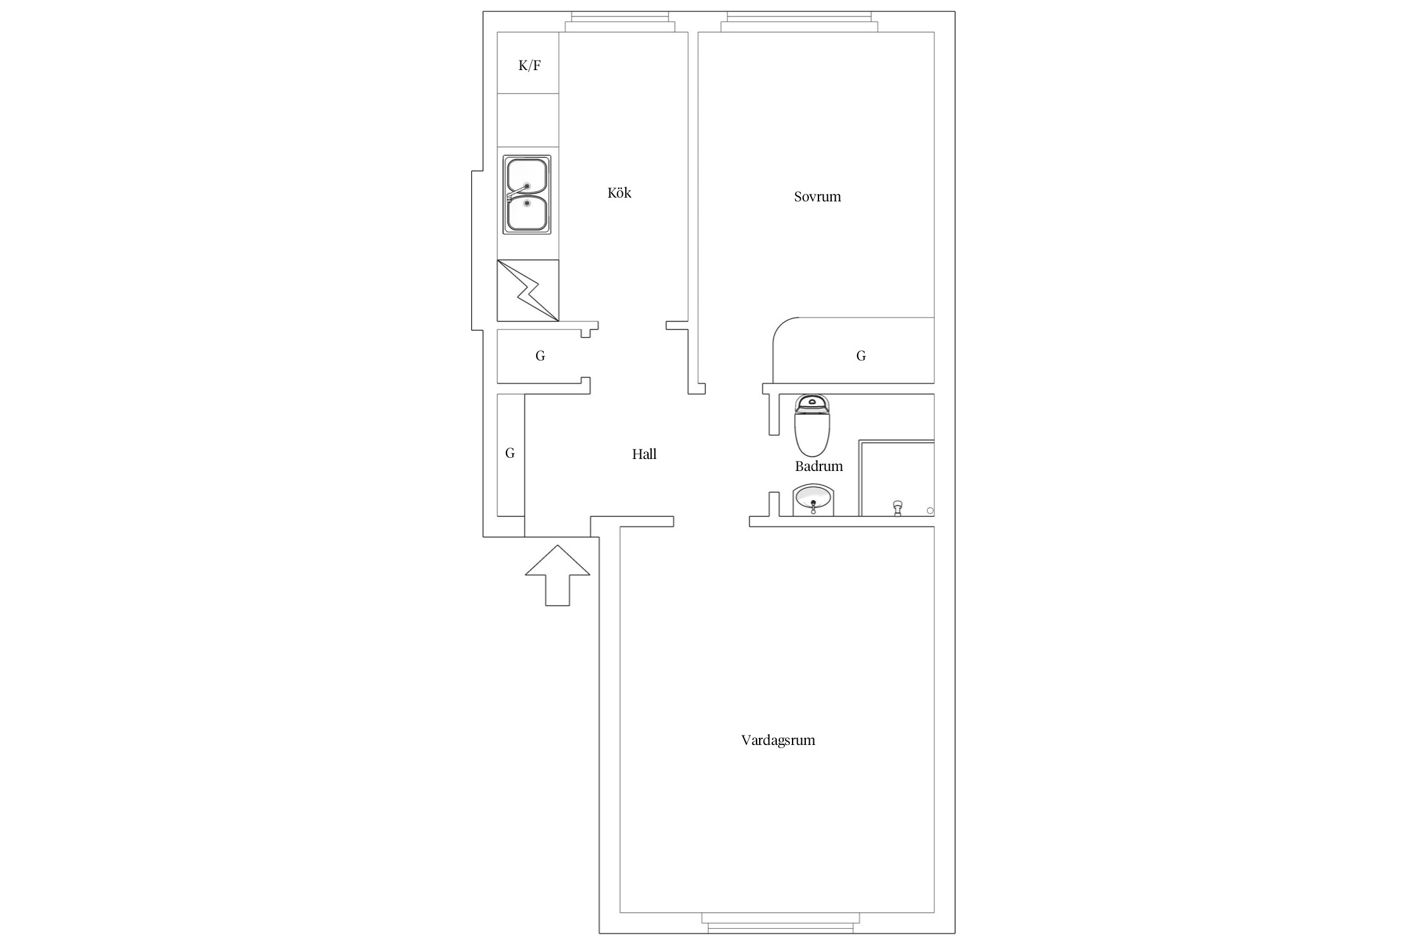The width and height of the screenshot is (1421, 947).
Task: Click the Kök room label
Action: pyautogui.click(x=619, y=193)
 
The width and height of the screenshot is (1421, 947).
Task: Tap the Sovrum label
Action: pyautogui.click(x=817, y=196)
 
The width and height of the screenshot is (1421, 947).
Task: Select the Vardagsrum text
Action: pyautogui.click(x=778, y=740)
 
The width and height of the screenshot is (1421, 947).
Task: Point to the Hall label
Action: pyautogui.click(x=644, y=454)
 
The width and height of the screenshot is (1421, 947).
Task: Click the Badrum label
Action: pyautogui.click(x=818, y=466)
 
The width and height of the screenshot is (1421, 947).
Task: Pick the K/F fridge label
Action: pyautogui.click(x=529, y=65)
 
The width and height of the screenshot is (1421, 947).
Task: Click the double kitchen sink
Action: pyautogui.click(x=527, y=194)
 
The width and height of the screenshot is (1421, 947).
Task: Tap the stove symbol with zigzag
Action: pyautogui.click(x=528, y=290)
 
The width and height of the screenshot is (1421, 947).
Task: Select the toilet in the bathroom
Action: pyautogui.click(x=812, y=425)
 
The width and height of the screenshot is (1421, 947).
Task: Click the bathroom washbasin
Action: pyautogui.click(x=813, y=500)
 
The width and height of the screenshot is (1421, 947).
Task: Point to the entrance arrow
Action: pyautogui.click(x=557, y=575)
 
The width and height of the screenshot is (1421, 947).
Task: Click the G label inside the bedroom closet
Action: pyautogui.click(x=861, y=356)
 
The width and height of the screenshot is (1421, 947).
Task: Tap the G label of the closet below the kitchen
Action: pyautogui.click(x=540, y=356)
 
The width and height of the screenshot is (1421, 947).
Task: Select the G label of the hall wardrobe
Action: pyautogui.click(x=510, y=453)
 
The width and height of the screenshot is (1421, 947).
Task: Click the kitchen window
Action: pyautogui.click(x=619, y=21)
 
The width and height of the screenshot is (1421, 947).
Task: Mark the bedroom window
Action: pyautogui.click(x=799, y=21)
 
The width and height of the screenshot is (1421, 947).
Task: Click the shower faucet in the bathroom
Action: pyautogui.click(x=897, y=508)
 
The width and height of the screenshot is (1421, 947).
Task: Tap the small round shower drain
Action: pyautogui.click(x=930, y=510)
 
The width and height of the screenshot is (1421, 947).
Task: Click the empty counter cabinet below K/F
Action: pyautogui.click(x=528, y=120)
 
